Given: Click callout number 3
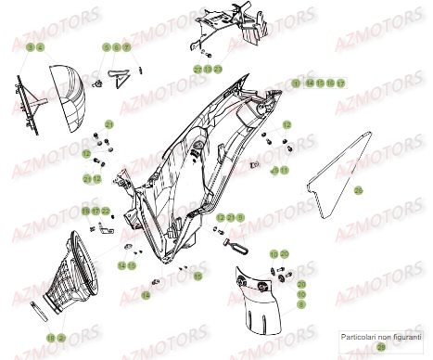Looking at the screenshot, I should pos(31,46).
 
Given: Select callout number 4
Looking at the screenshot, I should pos(41,46).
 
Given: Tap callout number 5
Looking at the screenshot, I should pos(107,46).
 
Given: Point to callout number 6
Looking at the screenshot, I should pos(116,46).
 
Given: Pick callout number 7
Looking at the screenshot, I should pos(126,46).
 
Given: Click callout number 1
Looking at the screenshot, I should pos(296,83).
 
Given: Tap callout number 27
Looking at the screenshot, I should pos(197,70).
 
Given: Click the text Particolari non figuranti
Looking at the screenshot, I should pos(380,336).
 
